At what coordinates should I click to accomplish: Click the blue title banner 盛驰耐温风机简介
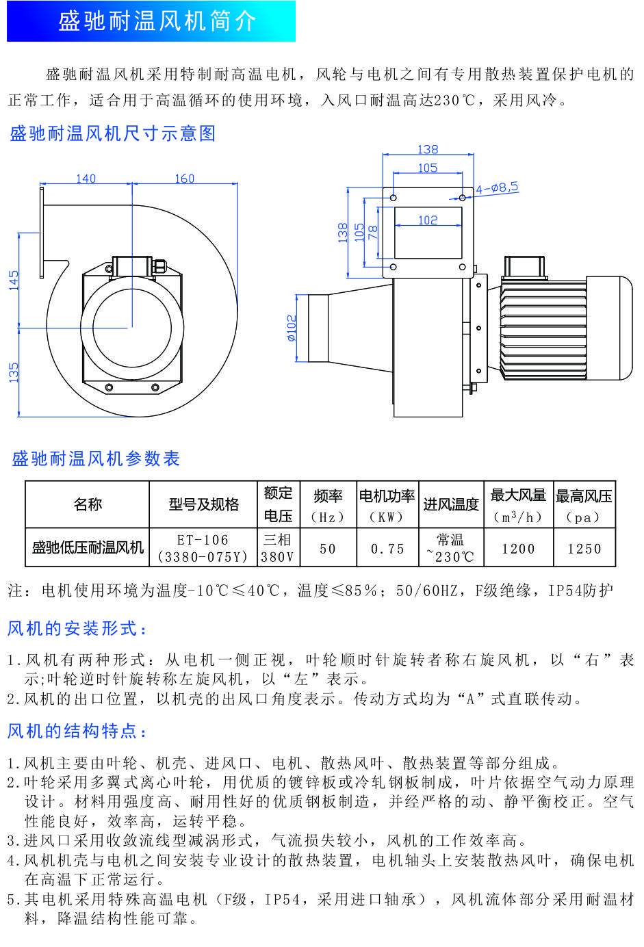[x=151, y=21]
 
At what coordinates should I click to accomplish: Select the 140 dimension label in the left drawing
[x=86, y=179]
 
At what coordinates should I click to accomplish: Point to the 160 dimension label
[x=184, y=179]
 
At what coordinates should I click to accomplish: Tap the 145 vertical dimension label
[x=14, y=281]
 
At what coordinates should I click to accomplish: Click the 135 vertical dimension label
[x=14, y=372]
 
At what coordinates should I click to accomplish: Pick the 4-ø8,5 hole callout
[x=498, y=187]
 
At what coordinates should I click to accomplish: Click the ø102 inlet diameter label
[x=292, y=328]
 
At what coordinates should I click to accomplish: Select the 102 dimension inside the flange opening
[x=428, y=220]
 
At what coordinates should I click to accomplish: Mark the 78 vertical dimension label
[x=372, y=232]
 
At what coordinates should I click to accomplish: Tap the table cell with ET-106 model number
[x=203, y=548]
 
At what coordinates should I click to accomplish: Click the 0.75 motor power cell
[x=388, y=548]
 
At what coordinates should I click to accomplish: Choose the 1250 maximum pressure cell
[x=584, y=548]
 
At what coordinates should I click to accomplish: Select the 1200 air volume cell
[x=518, y=548]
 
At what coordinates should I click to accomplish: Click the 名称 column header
[x=88, y=504]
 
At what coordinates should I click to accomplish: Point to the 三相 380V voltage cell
[x=278, y=548]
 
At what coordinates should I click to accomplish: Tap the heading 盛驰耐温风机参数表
[x=96, y=458]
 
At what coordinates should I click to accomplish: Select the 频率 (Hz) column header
[x=328, y=504]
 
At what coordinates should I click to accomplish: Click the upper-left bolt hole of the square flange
[x=394, y=198]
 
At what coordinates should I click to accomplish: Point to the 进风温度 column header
[x=451, y=504]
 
